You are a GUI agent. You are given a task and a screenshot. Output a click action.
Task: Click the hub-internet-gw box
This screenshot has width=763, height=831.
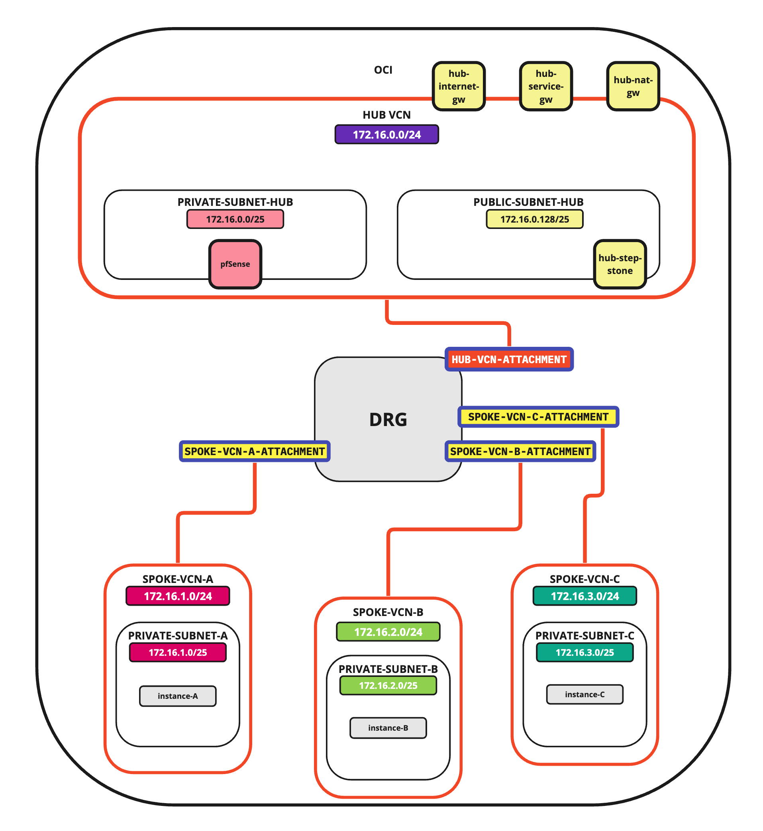pyautogui.click(x=459, y=86)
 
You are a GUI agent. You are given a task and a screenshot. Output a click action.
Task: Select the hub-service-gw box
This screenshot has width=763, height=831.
pyautogui.click(x=546, y=86)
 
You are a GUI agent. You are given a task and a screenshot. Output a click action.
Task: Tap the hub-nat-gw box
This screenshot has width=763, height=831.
pyautogui.click(x=633, y=86)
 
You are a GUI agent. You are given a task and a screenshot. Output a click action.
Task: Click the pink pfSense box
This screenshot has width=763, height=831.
pyautogui.click(x=235, y=264)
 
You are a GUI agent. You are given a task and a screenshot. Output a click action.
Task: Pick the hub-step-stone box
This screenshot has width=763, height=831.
pyautogui.click(x=620, y=264)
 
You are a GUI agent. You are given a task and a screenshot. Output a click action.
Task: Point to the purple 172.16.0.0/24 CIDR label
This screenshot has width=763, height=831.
pyautogui.click(x=386, y=135)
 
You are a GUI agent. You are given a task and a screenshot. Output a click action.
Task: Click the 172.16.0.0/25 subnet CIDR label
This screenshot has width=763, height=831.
pyautogui.click(x=235, y=219)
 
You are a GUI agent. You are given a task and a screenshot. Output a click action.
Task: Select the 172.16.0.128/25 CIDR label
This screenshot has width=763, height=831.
pyautogui.click(x=535, y=219)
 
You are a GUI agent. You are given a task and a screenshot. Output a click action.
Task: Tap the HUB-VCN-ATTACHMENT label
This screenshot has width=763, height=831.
pyautogui.click(x=509, y=360)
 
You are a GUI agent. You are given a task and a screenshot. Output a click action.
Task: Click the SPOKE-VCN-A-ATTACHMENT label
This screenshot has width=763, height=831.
pyautogui.click(x=255, y=452)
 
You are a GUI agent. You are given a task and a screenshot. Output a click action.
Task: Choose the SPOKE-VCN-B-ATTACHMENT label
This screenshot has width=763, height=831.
pyautogui.click(x=520, y=452)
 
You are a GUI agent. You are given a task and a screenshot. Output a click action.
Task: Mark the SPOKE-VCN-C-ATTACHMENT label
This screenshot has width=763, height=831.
pyautogui.click(x=538, y=417)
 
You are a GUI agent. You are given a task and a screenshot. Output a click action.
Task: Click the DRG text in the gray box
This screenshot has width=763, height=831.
pyautogui.click(x=388, y=420)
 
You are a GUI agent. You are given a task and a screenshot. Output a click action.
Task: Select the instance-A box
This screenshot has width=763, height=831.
pyautogui.click(x=178, y=696)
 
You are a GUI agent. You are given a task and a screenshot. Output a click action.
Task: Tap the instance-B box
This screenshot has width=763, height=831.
pyautogui.click(x=388, y=728)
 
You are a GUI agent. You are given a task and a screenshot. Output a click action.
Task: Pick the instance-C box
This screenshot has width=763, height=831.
pyautogui.click(x=585, y=694)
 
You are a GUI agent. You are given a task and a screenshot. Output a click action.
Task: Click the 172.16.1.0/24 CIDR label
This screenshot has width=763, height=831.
pyautogui.click(x=178, y=596)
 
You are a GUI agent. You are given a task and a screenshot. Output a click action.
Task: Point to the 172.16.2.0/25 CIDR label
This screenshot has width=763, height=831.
pyautogui.click(x=388, y=685)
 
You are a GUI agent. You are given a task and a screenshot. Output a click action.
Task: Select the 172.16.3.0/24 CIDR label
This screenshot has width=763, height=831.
pyautogui.click(x=585, y=596)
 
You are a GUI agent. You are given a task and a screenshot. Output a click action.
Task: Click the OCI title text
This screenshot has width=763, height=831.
pyautogui.click(x=383, y=70)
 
